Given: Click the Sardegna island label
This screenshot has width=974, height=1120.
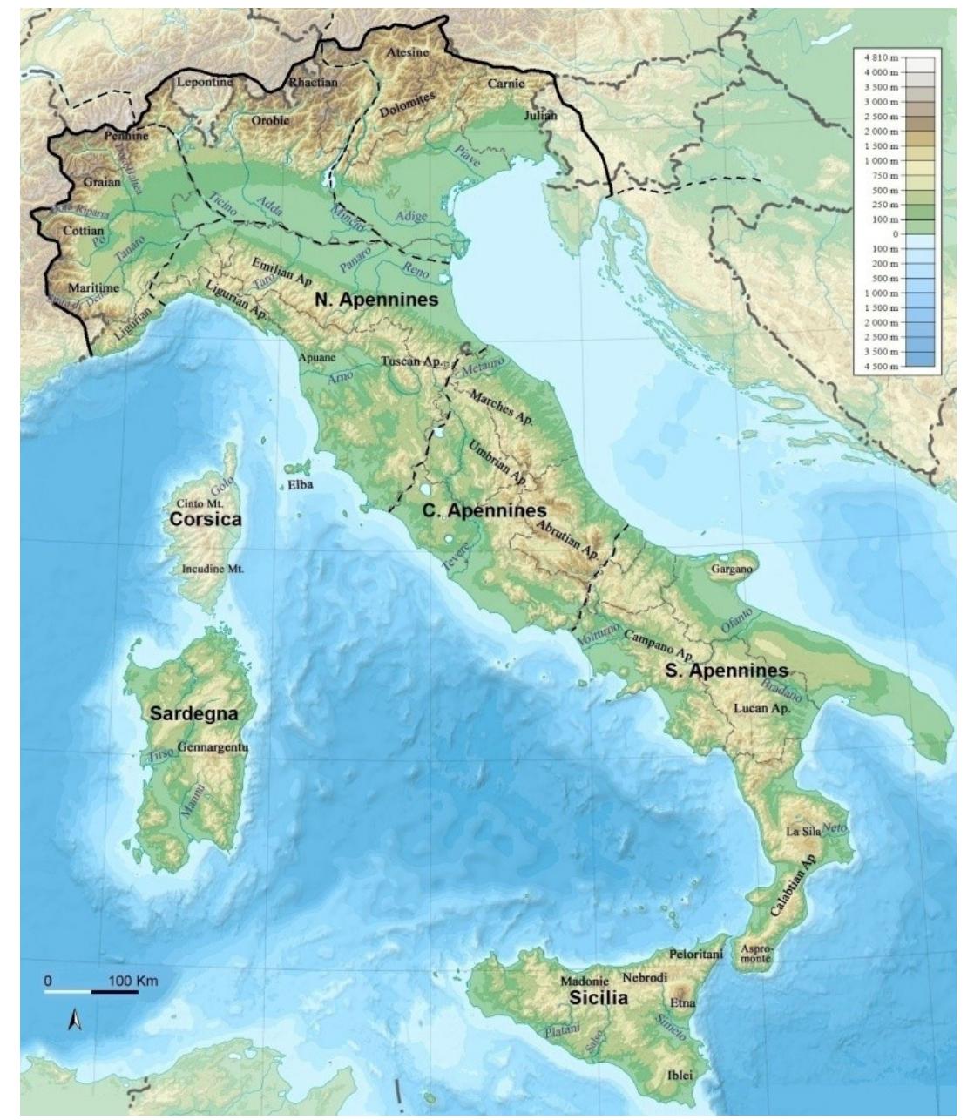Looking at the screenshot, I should [193, 713].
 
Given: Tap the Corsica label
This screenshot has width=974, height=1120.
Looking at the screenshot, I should [205, 520].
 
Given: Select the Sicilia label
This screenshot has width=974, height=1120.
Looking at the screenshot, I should [598, 999].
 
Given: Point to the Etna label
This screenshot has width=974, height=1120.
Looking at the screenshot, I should [683, 1003].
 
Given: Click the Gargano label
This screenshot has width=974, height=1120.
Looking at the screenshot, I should [732, 568].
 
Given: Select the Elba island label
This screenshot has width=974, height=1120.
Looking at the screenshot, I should [301, 487].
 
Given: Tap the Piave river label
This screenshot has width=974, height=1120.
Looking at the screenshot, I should [468, 156].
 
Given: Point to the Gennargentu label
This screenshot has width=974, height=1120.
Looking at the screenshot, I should [213, 747].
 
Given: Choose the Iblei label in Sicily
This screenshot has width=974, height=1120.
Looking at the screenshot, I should [680, 1076].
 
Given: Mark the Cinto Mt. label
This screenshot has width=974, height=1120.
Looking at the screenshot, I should [200, 503].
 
